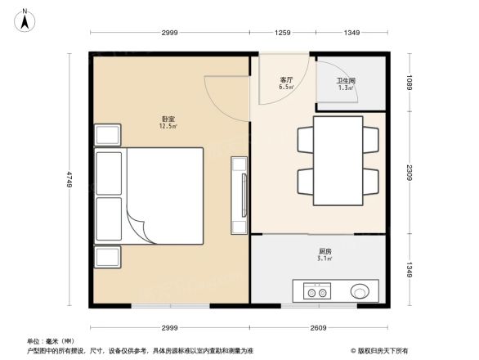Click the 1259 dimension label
(x=283, y=33)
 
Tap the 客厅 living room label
(x=286, y=79)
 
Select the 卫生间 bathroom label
(x=346, y=81)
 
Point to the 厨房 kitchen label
(x=325, y=251)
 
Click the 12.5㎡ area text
(x=169, y=127)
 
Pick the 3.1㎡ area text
(x=325, y=259)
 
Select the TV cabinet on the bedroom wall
(x=239, y=195)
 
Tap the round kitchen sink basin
(x=360, y=290)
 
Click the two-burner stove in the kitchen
(x=316, y=290)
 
